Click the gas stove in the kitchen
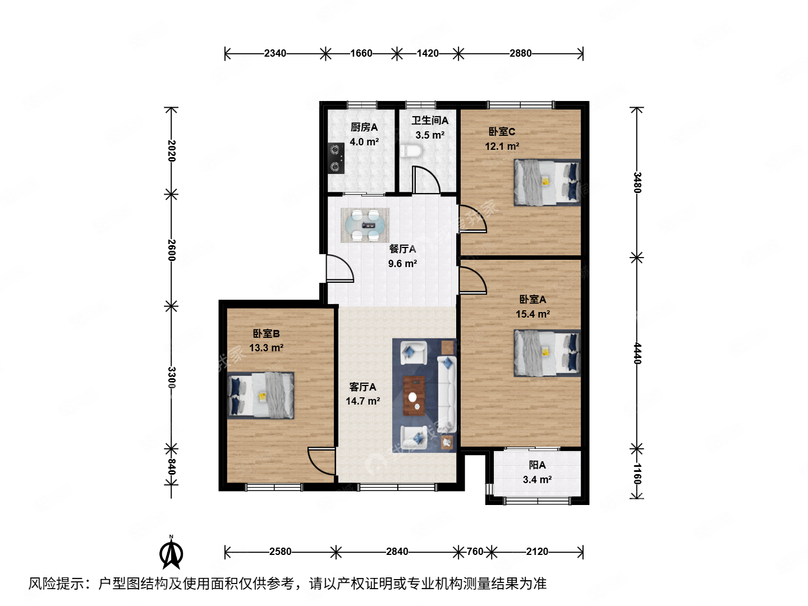pos(336,158)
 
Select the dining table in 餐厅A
pos(365,225)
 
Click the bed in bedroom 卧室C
pos(547,182)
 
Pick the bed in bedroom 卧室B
pos(261,396)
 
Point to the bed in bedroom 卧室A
pos(547,352)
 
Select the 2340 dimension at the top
pos(275,53)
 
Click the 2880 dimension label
pos(520,53)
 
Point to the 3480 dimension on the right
pos(637,182)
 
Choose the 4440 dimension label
pos(637,353)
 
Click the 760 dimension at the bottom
pos(475,552)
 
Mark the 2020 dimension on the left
pos(172,150)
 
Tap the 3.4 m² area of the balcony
pos(537,480)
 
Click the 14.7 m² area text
pos(362,401)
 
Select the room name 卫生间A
pos(430,121)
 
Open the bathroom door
pos(425,180)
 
